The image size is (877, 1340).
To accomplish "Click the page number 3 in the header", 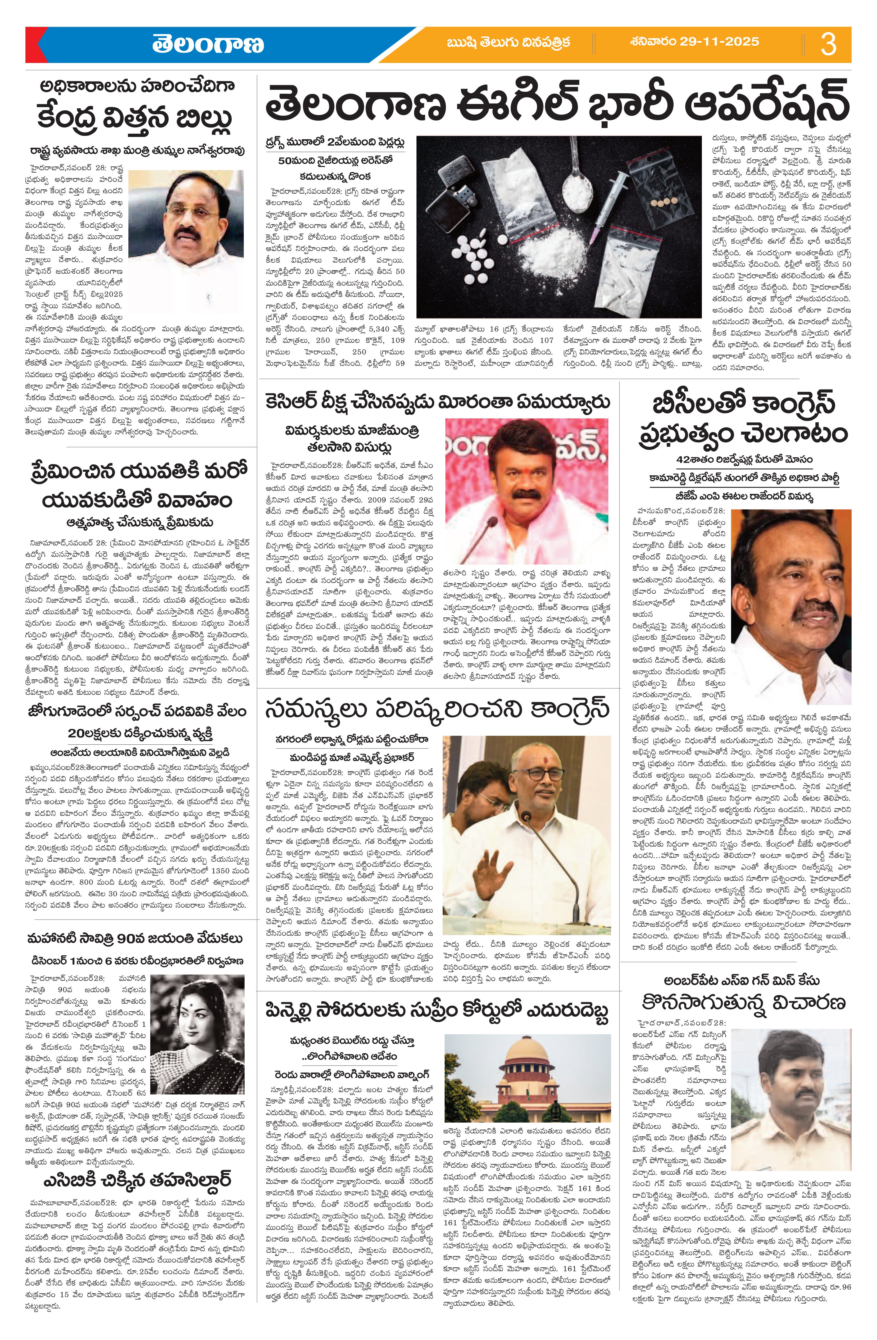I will [x=828, y=45].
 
